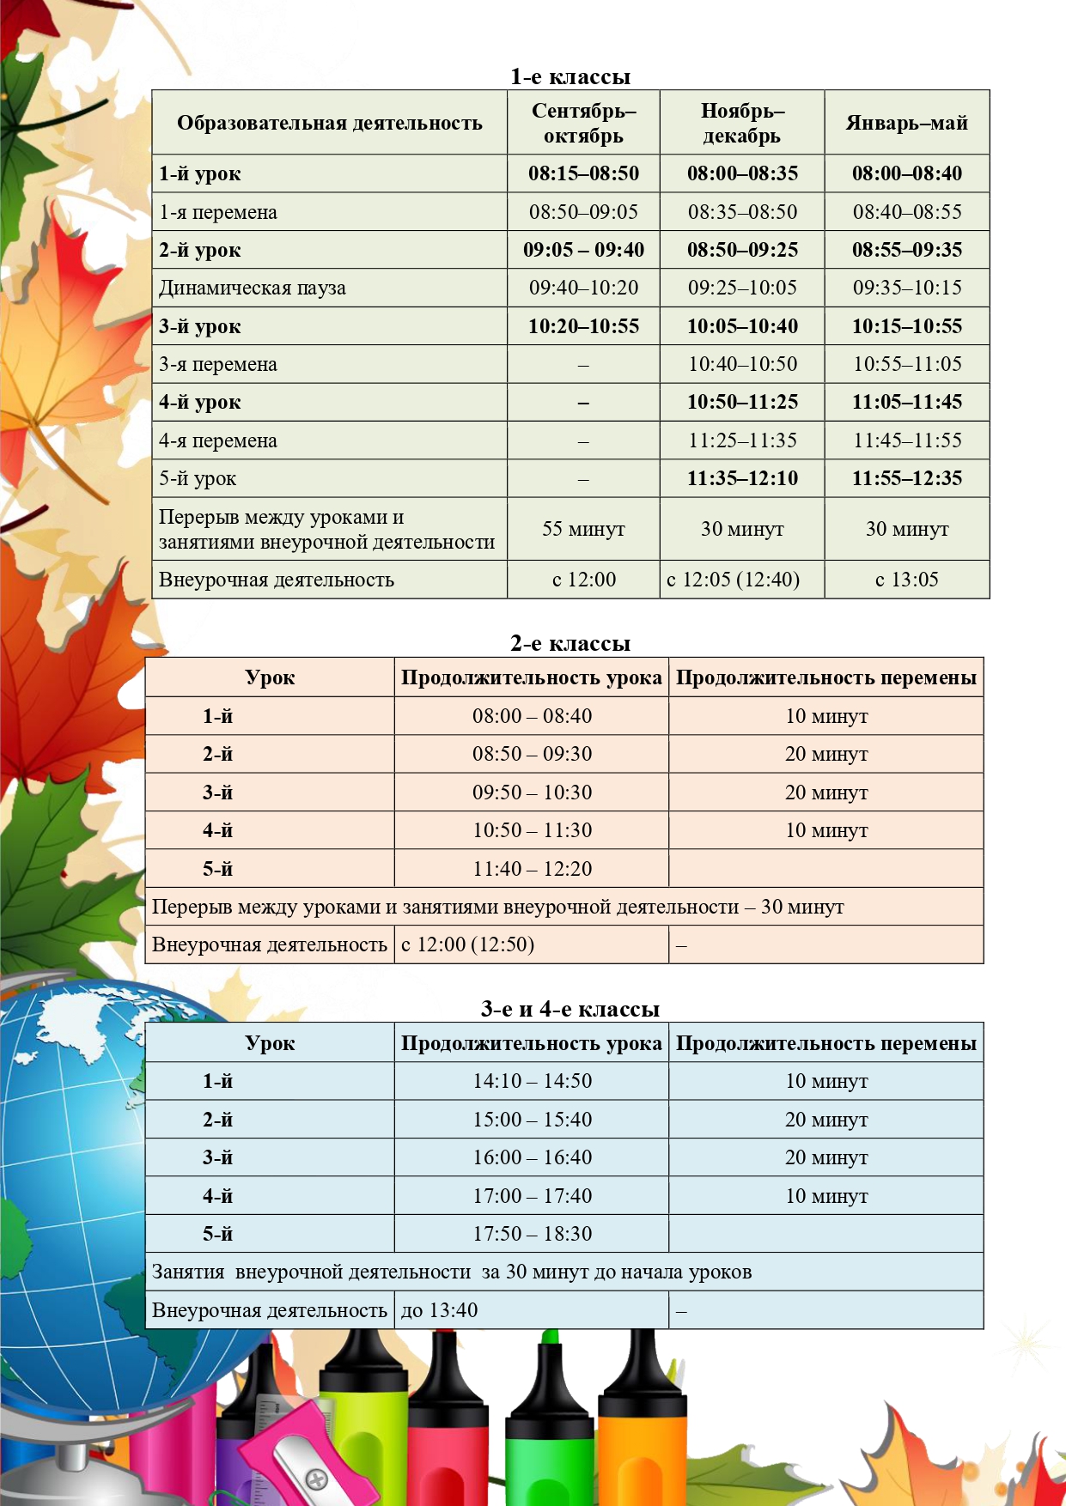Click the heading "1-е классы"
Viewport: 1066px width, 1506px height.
coord(570,77)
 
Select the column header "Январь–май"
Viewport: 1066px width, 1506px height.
coord(906,124)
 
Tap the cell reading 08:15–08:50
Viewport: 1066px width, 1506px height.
coord(583,173)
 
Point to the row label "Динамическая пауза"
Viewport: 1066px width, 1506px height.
coord(253,288)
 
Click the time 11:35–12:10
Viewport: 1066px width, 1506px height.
coord(742,478)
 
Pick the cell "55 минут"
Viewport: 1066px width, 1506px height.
coord(583,529)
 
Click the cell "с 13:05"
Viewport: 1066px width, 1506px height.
coord(906,580)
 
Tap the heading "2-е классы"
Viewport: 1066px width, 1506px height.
coord(570,644)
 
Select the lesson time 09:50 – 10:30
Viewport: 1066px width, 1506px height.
coord(532,792)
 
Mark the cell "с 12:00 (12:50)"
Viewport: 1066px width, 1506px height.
coord(468,945)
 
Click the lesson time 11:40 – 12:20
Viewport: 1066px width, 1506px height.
coord(532,869)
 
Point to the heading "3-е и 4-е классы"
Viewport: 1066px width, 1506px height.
coord(570,1009)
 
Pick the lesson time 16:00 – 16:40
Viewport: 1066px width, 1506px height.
coord(532,1157)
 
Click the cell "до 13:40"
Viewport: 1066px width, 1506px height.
coord(440,1311)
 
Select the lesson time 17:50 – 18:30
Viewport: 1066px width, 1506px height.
coord(532,1234)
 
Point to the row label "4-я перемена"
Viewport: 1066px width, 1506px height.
coord(218,441)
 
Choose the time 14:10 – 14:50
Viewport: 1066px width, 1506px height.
coord(532,1081)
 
